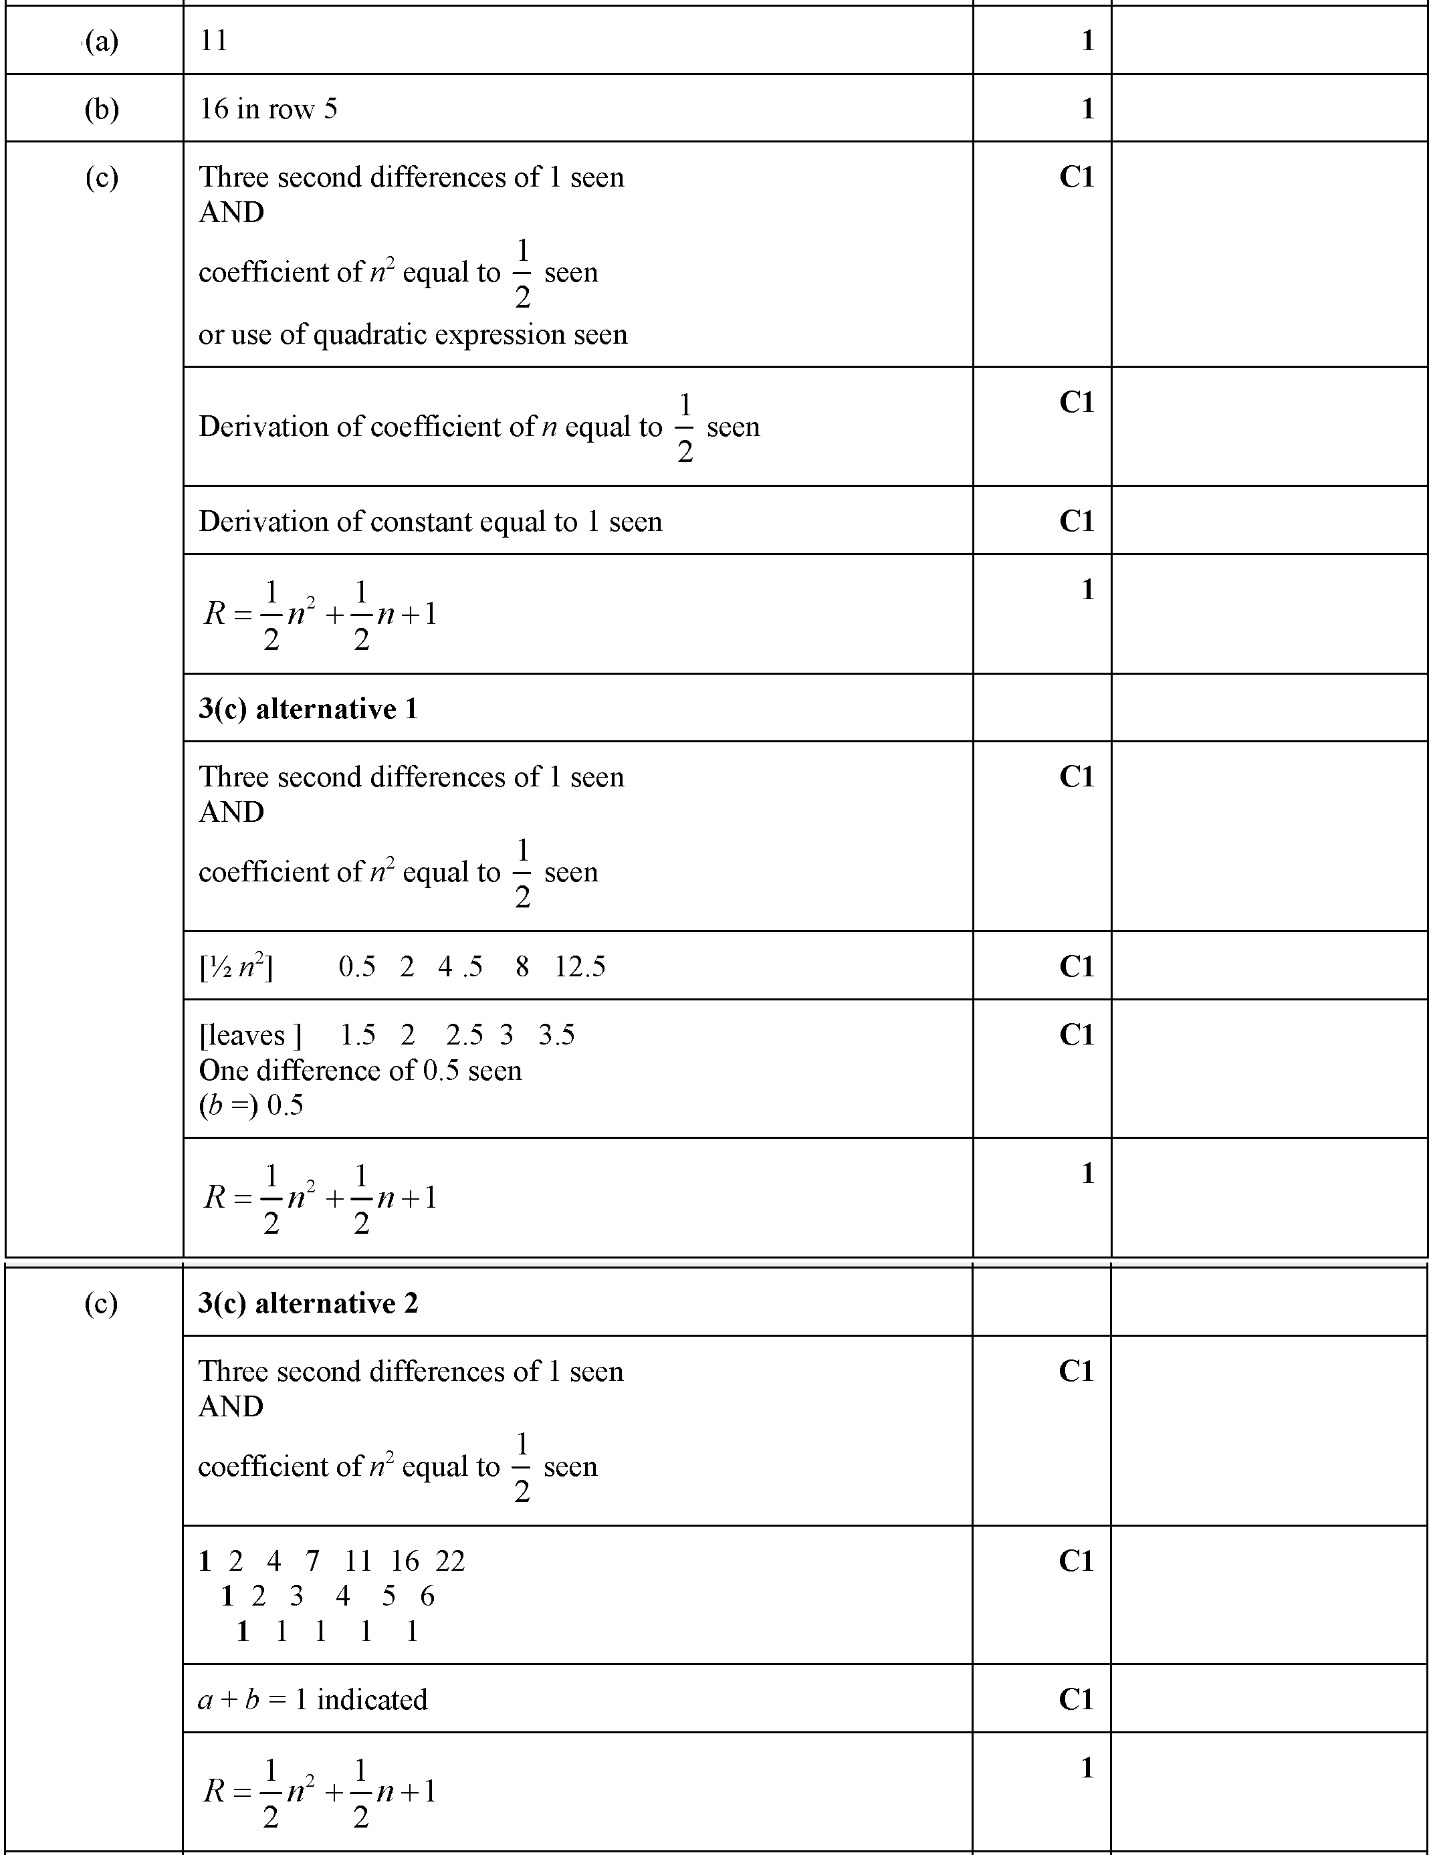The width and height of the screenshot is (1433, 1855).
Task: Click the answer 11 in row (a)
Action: tap(213, 41)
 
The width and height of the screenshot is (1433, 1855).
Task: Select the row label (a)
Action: tap(101, 41)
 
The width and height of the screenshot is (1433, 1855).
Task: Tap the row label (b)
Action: tap(101, 109)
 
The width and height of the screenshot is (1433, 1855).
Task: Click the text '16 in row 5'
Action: tap(267, 109)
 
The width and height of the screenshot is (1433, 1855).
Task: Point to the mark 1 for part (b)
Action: tap(1087, 109)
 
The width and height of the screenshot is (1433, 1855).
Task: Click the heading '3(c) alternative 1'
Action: tap(308, 708)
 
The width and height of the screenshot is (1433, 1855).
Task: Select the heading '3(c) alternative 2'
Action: tap(308, 1303)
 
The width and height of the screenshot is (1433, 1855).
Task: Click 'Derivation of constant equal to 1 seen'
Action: tap(430, 522)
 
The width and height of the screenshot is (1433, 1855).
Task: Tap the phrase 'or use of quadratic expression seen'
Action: tap(413, 334)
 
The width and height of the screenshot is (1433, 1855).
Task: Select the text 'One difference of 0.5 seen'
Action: tap(360, 1070)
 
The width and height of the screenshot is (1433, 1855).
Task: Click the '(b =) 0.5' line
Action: tap(251, 1105)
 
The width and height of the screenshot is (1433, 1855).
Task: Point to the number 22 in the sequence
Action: tap(450, 1561)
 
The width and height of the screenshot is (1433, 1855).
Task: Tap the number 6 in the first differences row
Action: tap(427, 1596)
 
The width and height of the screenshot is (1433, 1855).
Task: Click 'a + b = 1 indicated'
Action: tap(312, 1700)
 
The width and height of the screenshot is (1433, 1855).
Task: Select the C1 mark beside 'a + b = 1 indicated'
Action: tap(1075, 1700)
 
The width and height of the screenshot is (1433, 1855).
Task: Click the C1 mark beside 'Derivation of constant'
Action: tap(1075, 522)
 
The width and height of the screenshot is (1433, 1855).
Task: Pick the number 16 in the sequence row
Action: tap(405, 1561)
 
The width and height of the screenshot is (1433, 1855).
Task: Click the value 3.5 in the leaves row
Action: tap(556, 1035)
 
